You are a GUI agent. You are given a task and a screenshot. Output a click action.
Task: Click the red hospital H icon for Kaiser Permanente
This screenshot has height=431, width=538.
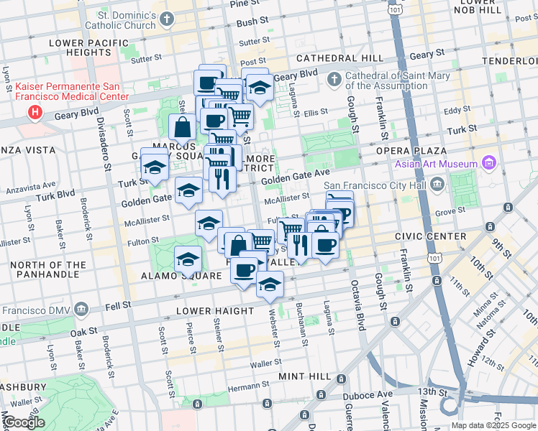click(x=34, y=112)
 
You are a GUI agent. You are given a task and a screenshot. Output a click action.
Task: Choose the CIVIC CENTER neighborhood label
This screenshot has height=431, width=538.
click(x=432, y=236)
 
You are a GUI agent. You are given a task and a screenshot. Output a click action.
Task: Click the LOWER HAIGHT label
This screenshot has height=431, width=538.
click(x=216, y=311)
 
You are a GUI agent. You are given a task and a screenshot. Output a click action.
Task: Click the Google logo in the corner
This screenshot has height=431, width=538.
click(x=24, y=423)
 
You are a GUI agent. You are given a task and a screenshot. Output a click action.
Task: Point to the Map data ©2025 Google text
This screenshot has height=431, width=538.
click(x=493, y=425)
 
